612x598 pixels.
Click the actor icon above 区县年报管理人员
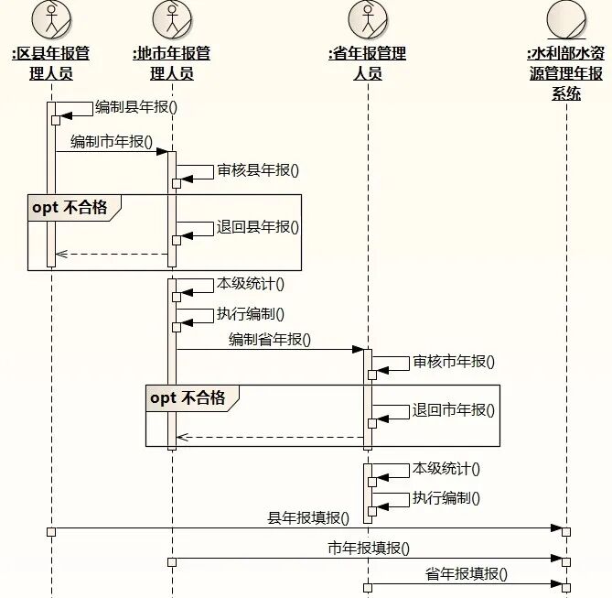(51, 19)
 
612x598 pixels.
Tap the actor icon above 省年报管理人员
(368, 19)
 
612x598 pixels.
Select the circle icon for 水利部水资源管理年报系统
(566, 19)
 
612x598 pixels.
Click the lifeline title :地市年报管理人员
(172, 63)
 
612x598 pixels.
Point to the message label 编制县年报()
(136, 105)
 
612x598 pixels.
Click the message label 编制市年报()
(112, 142)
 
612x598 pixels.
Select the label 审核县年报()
(258, 169)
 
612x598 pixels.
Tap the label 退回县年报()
(258, 227)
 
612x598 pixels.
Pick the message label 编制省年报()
(270, 340)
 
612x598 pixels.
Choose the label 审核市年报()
(454, 361)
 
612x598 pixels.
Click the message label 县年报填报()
(308, 518)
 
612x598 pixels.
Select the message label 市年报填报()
(369, 549)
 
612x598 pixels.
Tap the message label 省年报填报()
(467, 575)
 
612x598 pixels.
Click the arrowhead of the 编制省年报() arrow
(359, 349)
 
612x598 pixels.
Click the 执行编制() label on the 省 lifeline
(446, 498)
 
